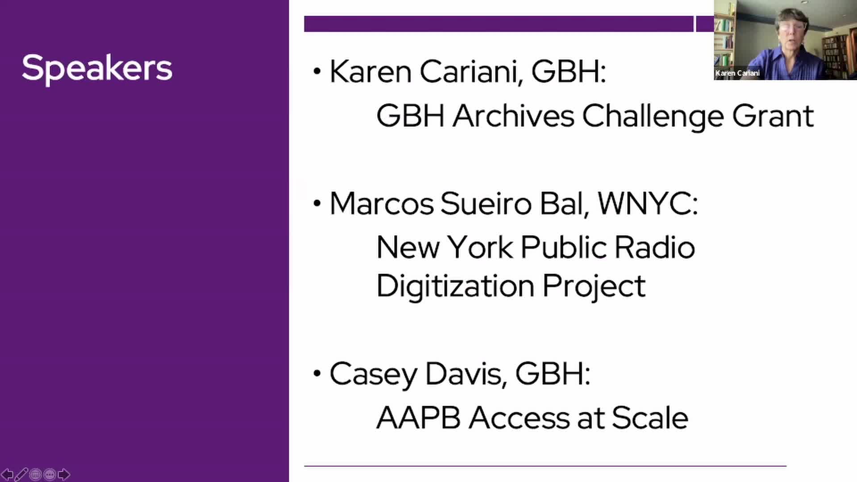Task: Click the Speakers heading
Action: [97, 68]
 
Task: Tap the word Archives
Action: [513, 116]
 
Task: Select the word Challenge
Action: [653, 116]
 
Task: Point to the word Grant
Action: [773, 116]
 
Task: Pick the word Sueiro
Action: [486, 204]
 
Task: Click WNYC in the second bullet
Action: [647, 204]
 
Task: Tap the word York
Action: [480, 247]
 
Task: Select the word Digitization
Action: [455, 286]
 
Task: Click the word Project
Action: [594, 286]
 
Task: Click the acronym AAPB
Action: [418, 418]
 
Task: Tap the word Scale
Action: [649, 418]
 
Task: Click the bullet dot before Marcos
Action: [317, 204]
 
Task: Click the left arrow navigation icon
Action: [8, 474]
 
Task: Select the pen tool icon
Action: [21, 474]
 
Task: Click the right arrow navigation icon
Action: [64, 474]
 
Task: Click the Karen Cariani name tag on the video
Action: [737, 73]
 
